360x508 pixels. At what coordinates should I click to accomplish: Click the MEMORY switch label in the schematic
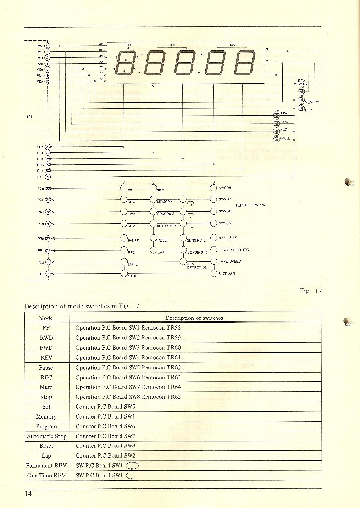(x=164, y=202)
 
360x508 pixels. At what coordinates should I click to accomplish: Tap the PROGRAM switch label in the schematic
(x=165, y=214)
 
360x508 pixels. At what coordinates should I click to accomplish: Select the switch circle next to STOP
(x=124, y=273)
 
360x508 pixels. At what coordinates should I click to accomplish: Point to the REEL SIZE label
(x=228, y=238)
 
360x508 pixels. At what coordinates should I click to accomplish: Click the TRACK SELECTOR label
(x=234, y=250)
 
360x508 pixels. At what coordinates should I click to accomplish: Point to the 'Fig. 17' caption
(x=311, y=291)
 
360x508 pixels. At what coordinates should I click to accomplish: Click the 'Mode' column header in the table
(x=46, y=318)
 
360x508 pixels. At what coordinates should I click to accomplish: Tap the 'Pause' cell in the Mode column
(x=46, y=368)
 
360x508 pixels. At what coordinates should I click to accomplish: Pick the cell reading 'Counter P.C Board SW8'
(x=105, y=446)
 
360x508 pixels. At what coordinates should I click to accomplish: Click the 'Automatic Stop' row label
(x=46, y=436)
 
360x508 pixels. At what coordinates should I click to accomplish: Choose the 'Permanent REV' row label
(x=46, y=465)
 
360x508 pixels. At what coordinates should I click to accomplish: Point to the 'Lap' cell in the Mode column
(x=46, y=455)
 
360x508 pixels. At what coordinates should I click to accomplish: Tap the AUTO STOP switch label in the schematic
(x=166, y=226)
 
